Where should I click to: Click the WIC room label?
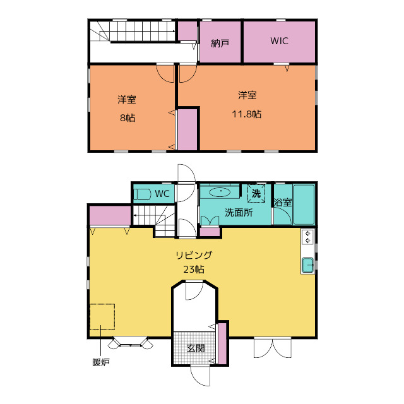(279, 40)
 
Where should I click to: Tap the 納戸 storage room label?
(220, 44)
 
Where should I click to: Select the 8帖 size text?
(128, 118)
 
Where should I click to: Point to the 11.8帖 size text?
(247, 114)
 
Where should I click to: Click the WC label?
(162, 194)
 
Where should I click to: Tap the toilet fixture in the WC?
(142, 194)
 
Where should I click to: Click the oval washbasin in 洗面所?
(220, 192)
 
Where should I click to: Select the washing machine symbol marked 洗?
(256, 193)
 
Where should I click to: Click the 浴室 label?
(283, 203)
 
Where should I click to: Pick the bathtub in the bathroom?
(304, 205)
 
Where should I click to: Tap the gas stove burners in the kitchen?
(307, 237)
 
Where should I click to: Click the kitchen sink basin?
(307, 265)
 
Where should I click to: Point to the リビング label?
(194, 255)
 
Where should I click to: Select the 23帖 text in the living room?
(194, 270)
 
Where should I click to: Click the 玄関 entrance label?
(196, 348)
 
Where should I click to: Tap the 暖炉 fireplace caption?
(101, 362)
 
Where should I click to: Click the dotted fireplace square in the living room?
(102, 316)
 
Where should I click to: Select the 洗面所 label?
(239, 212)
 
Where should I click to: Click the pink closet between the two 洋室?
(187, 129)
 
